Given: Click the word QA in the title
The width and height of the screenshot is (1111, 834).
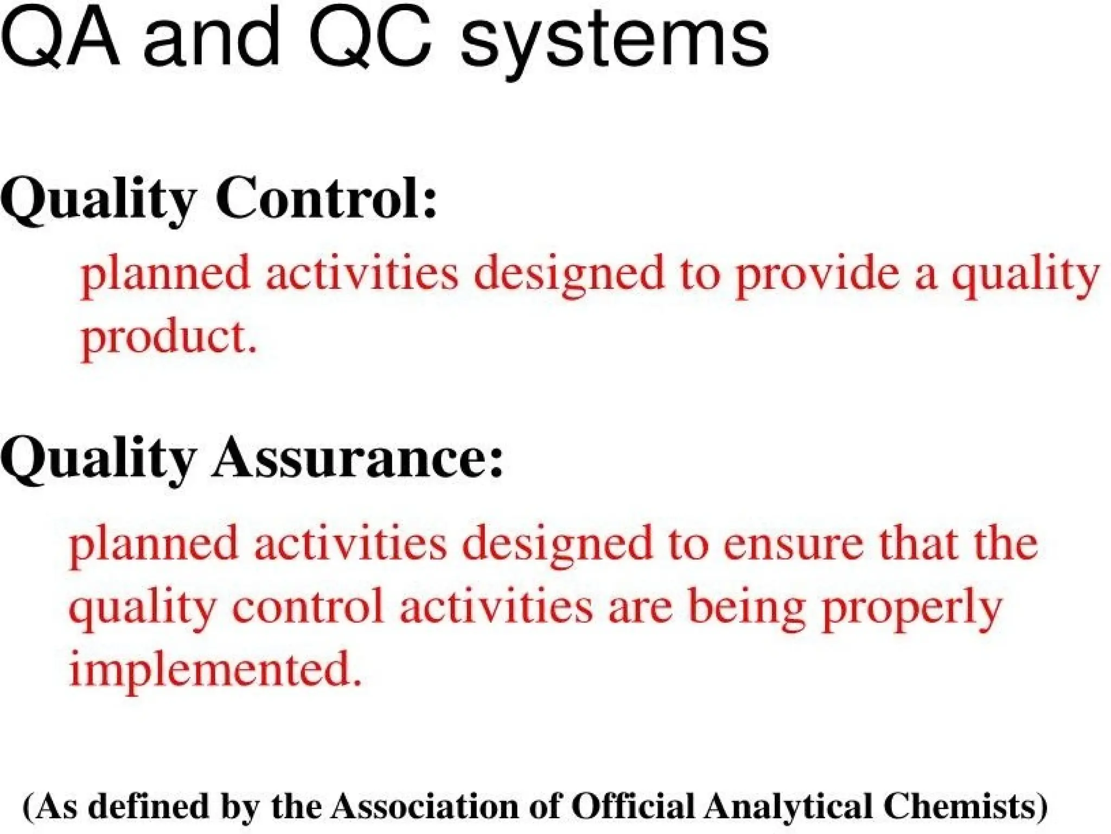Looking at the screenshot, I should pyautogui.click(x=60, y=39).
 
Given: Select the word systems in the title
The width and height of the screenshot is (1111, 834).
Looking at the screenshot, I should pyautogui.click(x=614, y=43).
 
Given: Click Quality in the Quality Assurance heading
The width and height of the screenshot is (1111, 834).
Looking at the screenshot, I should pyautogui.click(x=98, y=459).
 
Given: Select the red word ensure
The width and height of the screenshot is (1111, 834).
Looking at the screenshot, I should pyautogui.click(x=793, y=545).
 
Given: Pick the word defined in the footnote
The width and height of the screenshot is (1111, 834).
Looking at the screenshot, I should pyautogui.click(x=148, y=806).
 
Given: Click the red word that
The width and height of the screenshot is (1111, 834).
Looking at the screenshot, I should pyautogui.click(x=922, y=544).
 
